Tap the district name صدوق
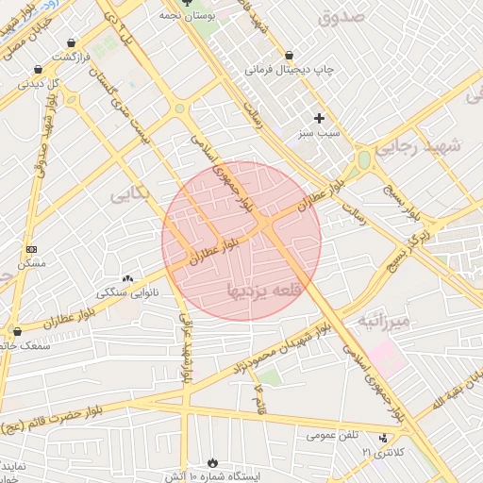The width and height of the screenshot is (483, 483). [x=341, y=17]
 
